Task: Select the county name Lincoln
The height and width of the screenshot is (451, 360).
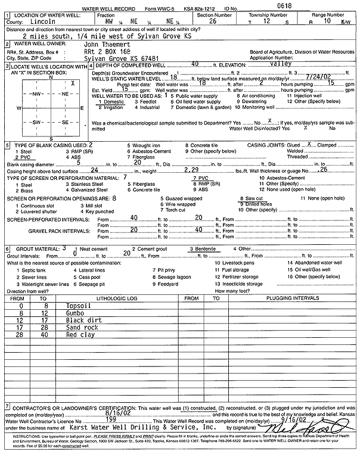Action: click(x=41, y=20)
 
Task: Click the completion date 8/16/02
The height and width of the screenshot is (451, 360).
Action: click(x=116, y=412)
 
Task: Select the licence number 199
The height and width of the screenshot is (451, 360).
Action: click(x=113, y=419)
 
